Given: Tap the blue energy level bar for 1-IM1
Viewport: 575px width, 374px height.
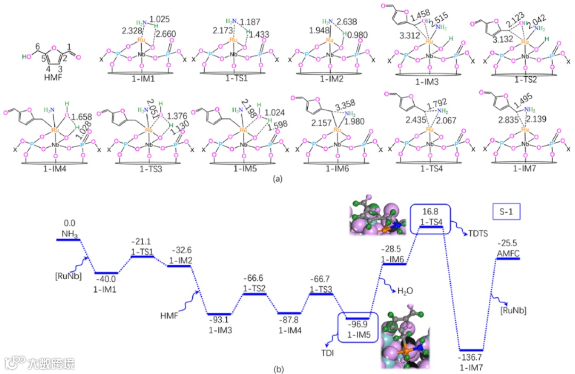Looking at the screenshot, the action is point(106,273).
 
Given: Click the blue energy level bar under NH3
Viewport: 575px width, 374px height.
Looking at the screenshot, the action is point(68,240).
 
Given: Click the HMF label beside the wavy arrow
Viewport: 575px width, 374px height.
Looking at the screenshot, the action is point(170,315).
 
